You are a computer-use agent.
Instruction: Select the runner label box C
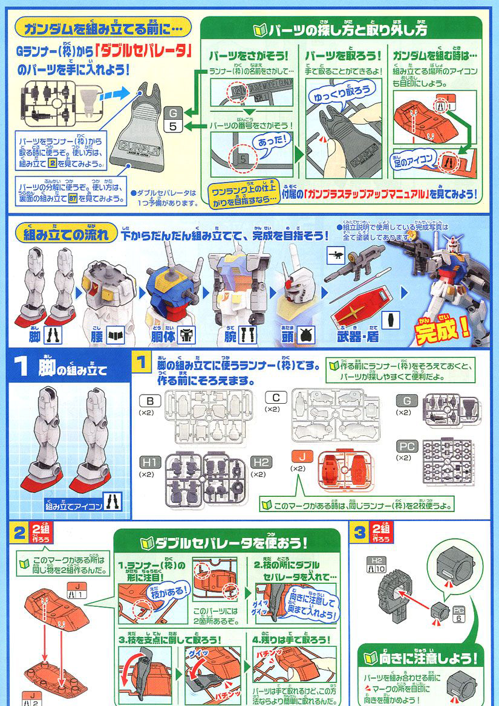pyautogui.click(x=276, y=399)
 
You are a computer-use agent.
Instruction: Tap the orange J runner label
pyautogui.click(x=299, y=455)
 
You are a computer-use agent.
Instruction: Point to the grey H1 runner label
pyautogui.click(x=149, y=462)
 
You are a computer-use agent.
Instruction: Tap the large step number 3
pyautogui.click(x=360, y=533)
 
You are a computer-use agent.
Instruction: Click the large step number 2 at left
pyautogui.click(x=20, y=533)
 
